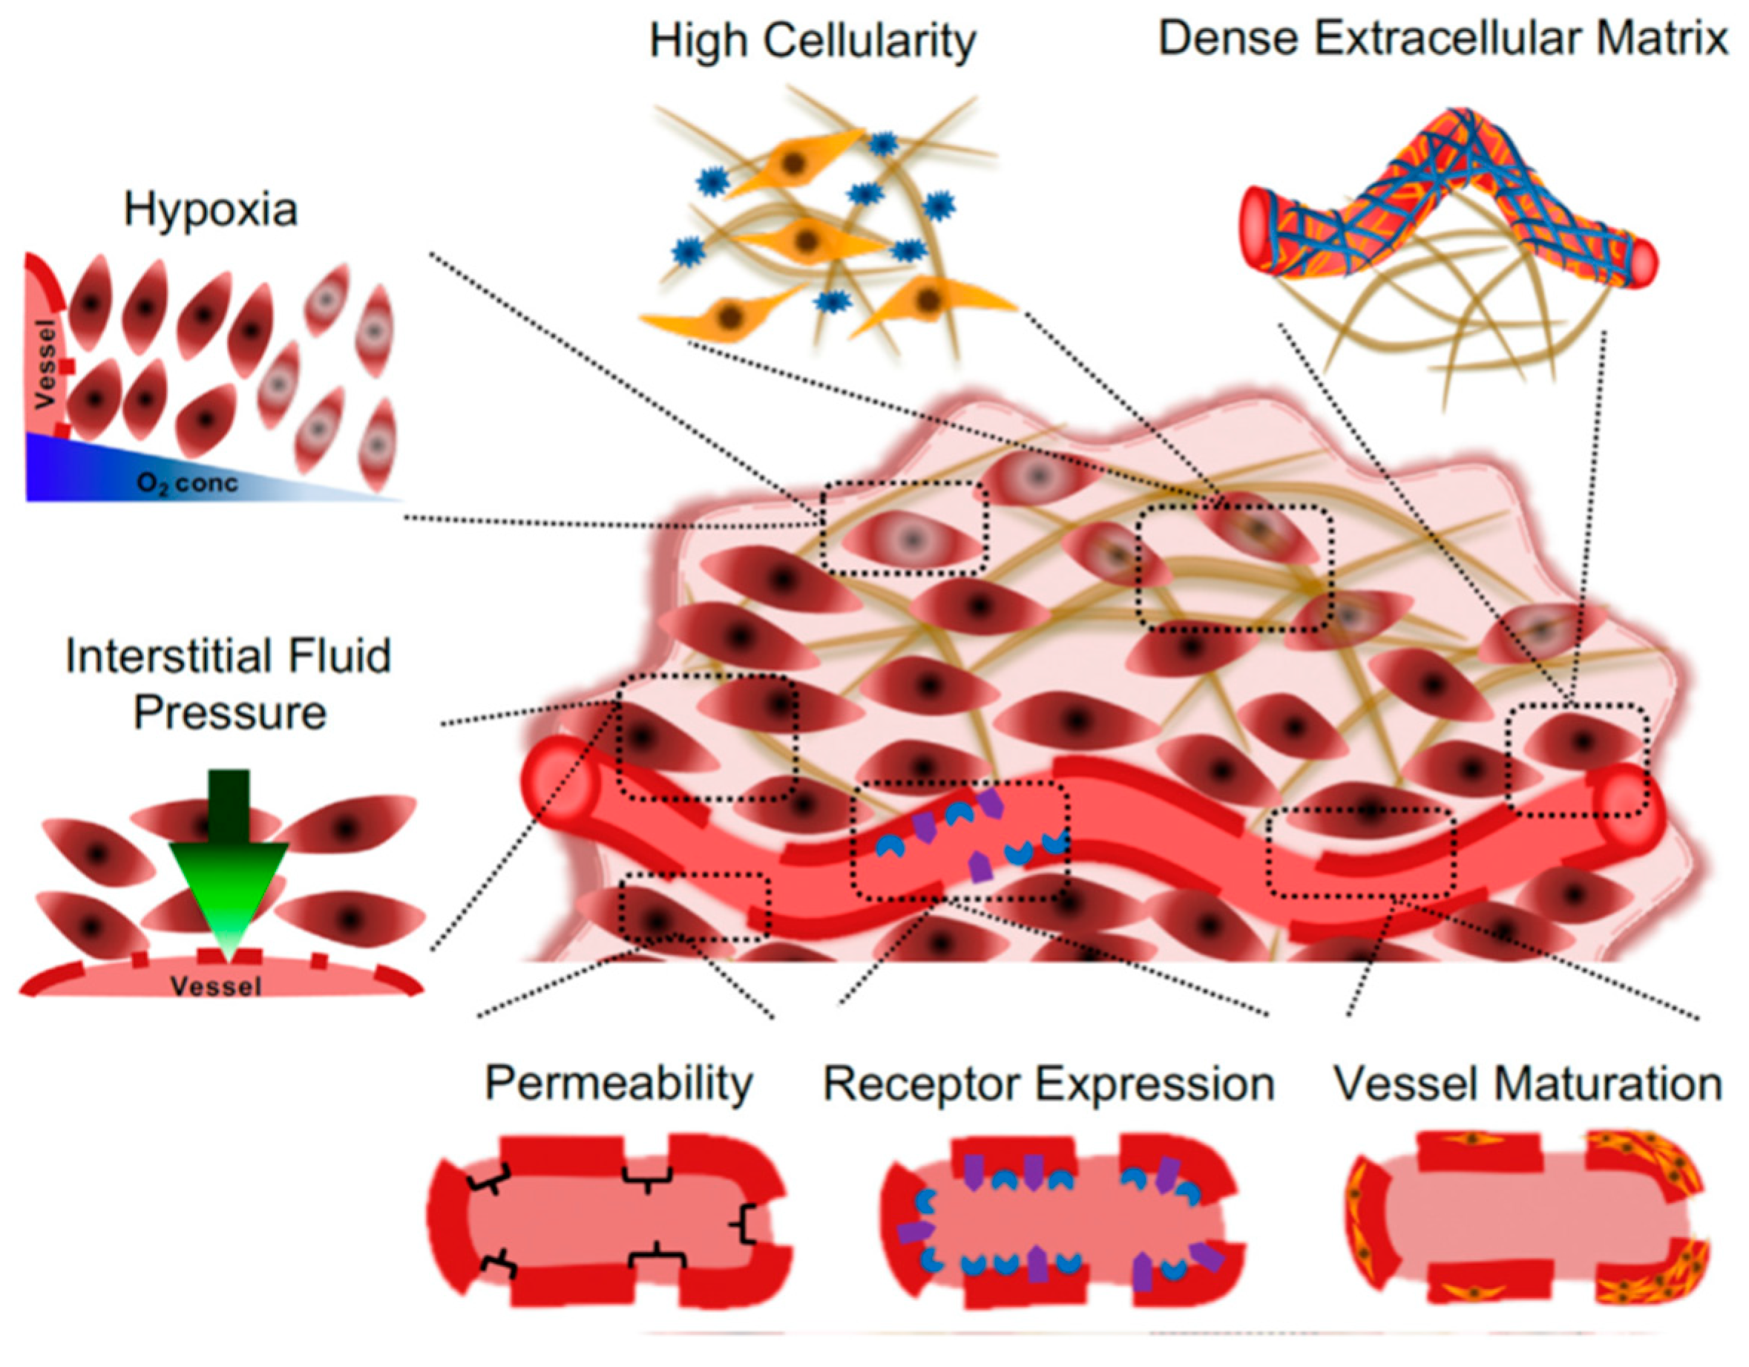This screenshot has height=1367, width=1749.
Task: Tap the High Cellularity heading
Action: [x=812, y=42]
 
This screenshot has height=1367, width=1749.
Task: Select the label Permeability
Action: [x=618, y=1084]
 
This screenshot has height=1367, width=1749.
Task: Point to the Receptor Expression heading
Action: [x=1049, y=1084]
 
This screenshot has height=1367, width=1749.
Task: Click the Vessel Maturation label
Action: [x=1526, y=1084]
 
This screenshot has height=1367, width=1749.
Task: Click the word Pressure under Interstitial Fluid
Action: [x=230, y=712]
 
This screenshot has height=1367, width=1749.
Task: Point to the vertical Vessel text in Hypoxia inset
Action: [x=47, y=364]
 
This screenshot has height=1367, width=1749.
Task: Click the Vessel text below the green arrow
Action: [x=215, y=986]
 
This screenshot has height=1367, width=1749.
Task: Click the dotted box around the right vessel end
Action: [x=1576, y=760]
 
